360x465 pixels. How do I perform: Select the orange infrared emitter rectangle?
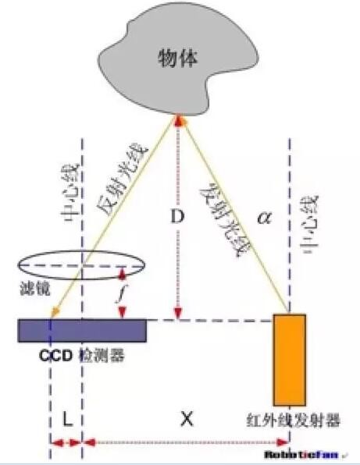[289, 359]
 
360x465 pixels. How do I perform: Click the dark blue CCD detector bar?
[82, 330]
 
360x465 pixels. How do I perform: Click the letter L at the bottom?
[67, 419]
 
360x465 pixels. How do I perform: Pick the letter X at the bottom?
[186, 419]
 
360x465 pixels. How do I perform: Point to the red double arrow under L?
[66, 442]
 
